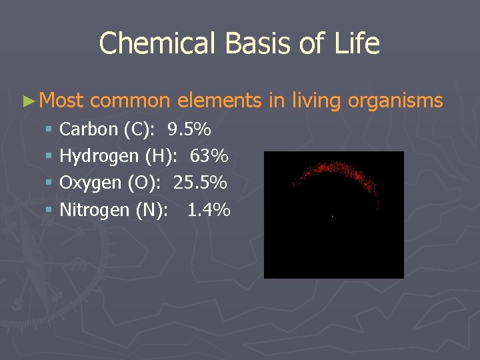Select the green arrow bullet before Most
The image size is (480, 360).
27,101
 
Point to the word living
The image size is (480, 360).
314,101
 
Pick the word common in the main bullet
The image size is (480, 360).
130,101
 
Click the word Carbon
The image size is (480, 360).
89,129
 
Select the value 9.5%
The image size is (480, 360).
189,129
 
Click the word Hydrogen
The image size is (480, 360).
99,156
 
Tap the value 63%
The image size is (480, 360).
209,156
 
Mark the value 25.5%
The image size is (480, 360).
200,183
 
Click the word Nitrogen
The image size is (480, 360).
95,210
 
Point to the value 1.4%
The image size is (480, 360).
209,210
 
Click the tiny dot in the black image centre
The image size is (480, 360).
333,216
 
